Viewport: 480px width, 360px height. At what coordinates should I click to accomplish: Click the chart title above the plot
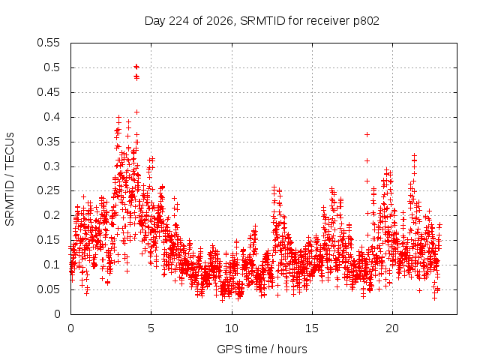point(262,21)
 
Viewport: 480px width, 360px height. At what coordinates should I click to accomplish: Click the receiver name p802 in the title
point(366,22)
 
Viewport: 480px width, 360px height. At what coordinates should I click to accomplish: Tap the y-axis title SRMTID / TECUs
point(10,179)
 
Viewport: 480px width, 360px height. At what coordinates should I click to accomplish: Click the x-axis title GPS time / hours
point(262,349)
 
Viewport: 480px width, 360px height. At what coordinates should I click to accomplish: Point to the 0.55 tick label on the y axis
point(48,43)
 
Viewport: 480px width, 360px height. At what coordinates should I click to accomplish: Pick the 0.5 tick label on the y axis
point(52,67)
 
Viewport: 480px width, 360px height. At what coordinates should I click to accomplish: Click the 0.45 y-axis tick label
point(48,92)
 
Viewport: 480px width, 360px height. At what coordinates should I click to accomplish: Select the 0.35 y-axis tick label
point(48,142)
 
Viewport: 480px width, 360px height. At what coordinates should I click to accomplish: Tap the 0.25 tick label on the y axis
point(48,190)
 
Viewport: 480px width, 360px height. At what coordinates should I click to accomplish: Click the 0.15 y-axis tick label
point(48,240)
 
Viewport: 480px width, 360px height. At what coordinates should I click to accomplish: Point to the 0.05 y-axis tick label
point(48,289)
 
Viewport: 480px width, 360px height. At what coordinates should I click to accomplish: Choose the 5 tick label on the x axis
point(151,328)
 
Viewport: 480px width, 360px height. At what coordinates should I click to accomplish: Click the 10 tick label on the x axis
point(232,328)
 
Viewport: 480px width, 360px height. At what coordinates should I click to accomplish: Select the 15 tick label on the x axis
point(312,328)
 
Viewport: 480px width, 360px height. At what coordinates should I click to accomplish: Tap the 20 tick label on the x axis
point(392,328)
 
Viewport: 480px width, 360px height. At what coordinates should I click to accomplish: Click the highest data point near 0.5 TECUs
point(136,67)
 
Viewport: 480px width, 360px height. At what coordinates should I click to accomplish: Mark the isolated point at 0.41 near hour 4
point(136,112)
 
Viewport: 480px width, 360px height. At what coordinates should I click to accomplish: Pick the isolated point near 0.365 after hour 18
point(367,134)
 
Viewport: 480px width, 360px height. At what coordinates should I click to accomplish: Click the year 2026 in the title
point(220,21)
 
